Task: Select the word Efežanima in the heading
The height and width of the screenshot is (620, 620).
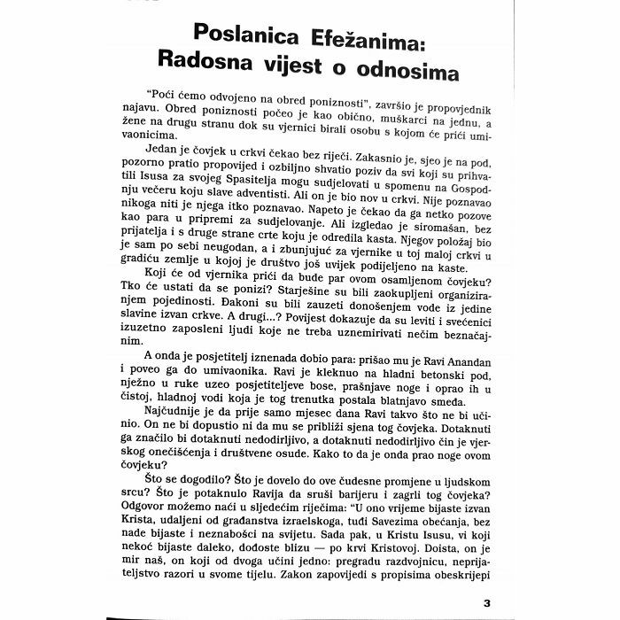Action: click(368, 35)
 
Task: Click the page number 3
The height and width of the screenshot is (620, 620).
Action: click(486, 603)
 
